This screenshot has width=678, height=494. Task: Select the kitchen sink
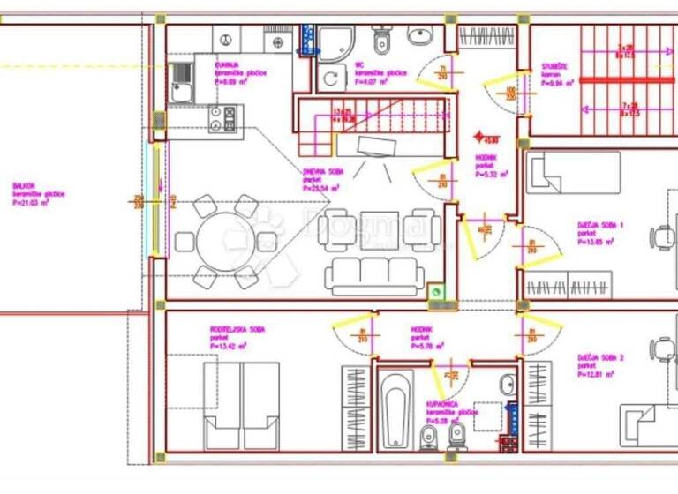[182, 81]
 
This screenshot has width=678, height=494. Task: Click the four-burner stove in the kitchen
[222, 117]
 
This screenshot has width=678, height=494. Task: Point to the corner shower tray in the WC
[334, 43]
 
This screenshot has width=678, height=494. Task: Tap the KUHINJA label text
[229, 64]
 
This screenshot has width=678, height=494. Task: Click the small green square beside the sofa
[434, 293]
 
